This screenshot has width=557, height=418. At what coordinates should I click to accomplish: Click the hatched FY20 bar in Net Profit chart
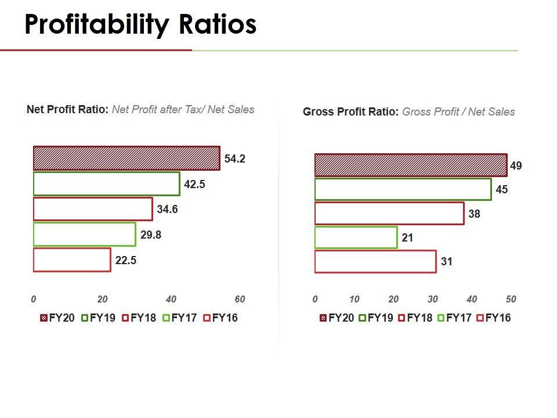(126, 158)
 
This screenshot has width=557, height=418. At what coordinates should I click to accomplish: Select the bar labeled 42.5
(106, 184)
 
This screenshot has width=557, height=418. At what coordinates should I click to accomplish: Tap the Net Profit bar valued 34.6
(93, 209)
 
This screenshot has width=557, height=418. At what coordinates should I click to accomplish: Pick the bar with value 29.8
(84, 235)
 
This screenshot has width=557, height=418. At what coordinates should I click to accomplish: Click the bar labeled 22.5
(72, 260)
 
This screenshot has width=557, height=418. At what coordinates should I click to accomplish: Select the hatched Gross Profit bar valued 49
(411, 165)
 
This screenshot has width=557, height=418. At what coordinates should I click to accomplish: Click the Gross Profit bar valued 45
(403, 189)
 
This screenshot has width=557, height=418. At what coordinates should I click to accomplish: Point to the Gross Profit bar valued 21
(356, 237)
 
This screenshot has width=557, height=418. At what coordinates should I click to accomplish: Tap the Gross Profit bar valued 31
(375, 261)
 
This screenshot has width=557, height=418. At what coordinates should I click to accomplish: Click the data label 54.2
(235, 159)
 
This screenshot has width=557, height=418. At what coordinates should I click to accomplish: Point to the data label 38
(474, 214)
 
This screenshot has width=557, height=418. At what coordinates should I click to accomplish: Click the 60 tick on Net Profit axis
(240, 300)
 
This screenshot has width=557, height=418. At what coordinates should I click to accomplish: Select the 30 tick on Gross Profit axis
(432, 300)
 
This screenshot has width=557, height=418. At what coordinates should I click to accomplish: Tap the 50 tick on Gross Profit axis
(511, 300)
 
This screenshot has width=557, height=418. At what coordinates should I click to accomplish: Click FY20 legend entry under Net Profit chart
(57, 318)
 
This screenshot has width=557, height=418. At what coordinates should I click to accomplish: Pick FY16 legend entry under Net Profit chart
(220, 318)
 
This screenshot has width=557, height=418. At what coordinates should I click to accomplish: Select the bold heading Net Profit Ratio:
(67, 109)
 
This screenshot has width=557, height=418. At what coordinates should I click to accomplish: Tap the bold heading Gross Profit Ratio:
(350, 112)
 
